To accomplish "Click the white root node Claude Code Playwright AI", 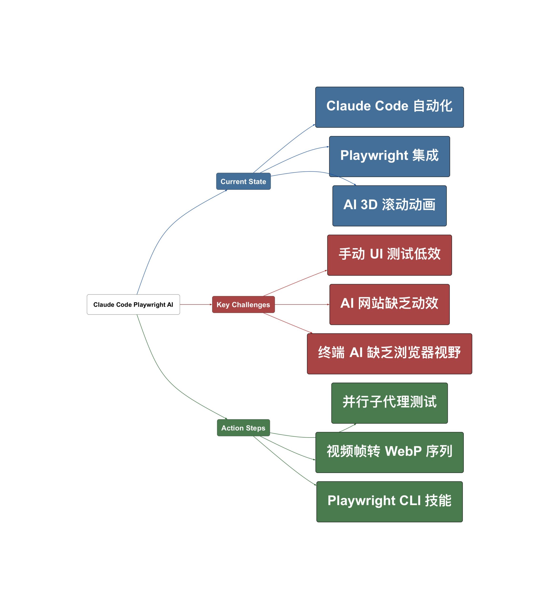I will click(133, 304).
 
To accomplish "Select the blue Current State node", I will click(243, 181).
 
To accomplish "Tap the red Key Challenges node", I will click(243, 304).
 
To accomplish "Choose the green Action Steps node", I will click(243, 428).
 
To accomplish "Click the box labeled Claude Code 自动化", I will click(389, 107).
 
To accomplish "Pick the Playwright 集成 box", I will click(389, 156).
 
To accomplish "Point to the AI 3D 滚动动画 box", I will click(389, 206).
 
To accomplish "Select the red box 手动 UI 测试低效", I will click(389, 255).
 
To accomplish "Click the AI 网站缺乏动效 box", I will click(389, 304).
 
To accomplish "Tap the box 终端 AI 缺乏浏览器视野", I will click(389, 354).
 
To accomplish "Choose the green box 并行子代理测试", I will click(389, 403).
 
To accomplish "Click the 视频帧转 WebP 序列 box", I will click(389, 452).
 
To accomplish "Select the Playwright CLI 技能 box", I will click(389, 501).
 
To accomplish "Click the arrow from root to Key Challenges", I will click(196, 304).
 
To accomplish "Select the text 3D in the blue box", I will click(369, 205).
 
